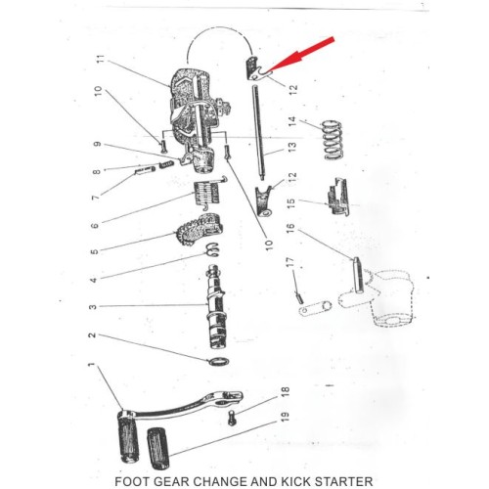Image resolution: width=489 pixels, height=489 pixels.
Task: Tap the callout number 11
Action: coord(102,60)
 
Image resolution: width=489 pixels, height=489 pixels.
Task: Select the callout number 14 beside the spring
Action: coord(293,122)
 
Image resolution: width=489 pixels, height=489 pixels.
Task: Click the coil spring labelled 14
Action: coord(332,140)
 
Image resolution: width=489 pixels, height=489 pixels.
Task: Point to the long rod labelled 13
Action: coord(257,132)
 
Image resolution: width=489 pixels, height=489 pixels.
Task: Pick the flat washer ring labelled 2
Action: coord(218,361)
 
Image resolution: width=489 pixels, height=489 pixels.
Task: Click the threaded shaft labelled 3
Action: coord(216,307)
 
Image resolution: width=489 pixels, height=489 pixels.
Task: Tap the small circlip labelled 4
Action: coord(212,249)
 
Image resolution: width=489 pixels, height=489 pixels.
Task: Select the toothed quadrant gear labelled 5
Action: coord(199,230)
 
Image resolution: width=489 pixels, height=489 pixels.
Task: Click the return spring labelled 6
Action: coord(208,193)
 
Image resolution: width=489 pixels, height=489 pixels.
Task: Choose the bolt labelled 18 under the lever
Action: coord(232,418)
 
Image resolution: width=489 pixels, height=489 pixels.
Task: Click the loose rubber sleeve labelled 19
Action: coord(159,449)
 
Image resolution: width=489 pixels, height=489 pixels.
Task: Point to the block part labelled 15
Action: coord(337,197)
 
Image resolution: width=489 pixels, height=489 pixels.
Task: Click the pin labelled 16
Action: coord(357,275)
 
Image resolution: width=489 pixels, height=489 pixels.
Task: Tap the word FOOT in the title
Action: coord(132,482)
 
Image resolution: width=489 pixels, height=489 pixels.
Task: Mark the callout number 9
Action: coord(97,144)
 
